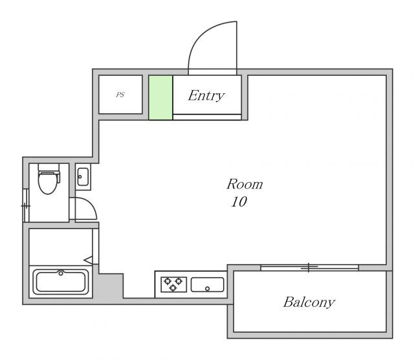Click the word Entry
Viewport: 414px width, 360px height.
click(x=206, y=96)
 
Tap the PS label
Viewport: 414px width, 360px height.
click(x=120, y=95)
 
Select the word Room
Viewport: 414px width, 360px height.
click(x=245, y=185)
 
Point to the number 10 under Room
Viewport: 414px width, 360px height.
click(x=239, y=202)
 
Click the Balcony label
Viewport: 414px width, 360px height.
click(x=309, y=302)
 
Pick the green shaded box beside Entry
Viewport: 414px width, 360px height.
click(x=160, y=98)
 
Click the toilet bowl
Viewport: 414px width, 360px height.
click(x=48, y=183)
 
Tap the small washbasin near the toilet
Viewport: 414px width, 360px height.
click(x=83, y=177)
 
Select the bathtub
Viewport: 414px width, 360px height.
click(x=61, y=282)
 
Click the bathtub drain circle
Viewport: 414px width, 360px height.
click(x=61, y=273)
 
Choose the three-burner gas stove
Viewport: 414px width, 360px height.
click(x=174, y=284)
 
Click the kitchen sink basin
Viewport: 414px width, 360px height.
click(x=207, y=285)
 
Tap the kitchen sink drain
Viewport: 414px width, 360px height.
click(x=207, y=289)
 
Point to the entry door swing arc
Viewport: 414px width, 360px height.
click(x=201, y=34)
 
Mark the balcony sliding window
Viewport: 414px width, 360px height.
click(x=309, y=267)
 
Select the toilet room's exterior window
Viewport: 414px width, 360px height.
click(x=26, y=205)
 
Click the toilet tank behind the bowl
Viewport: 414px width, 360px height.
click(x=49, y=167)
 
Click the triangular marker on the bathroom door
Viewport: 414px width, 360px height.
click(x=88, y=260)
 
